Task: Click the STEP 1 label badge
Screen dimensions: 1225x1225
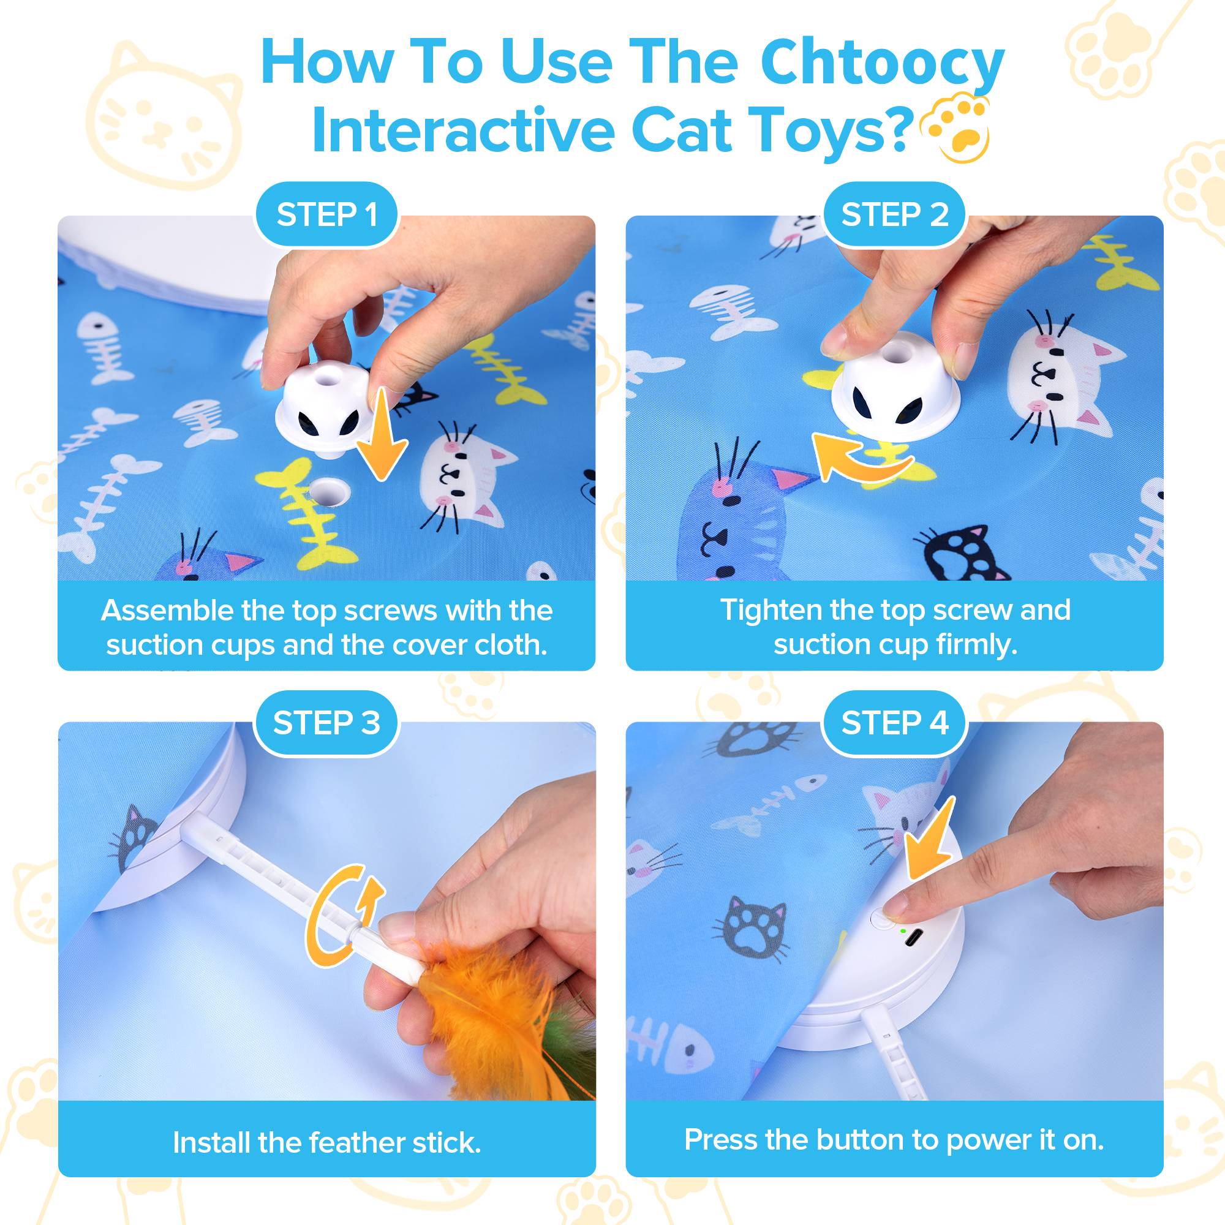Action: tap(326, 214)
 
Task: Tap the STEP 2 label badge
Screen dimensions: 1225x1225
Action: tap(894, 214)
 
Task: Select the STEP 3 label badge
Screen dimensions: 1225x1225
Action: tap(326, 723)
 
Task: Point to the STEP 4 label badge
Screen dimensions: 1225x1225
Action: tap(894, 723)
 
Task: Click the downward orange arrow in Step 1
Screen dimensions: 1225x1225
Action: tap(380, 437)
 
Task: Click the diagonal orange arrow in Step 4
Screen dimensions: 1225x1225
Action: tap(929, 840)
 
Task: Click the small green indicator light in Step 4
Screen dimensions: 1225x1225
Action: tap(902, 931)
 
